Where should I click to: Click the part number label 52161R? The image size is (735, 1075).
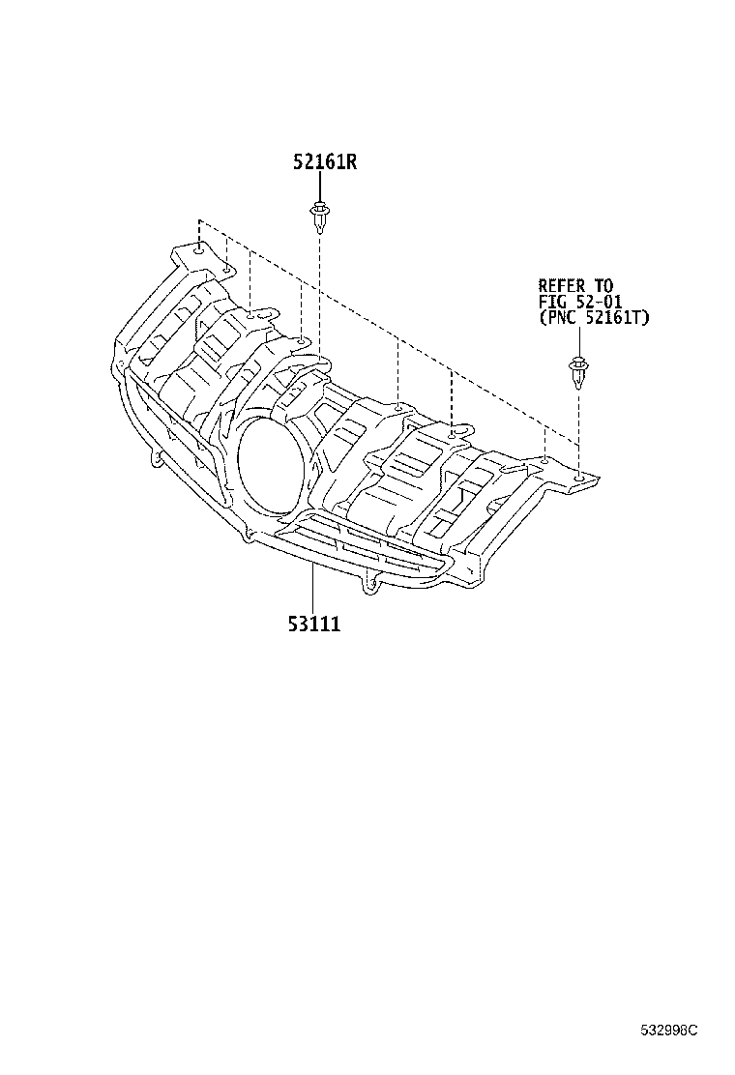click(x=325, y=162)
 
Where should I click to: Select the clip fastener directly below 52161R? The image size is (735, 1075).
click(x=318, y=217)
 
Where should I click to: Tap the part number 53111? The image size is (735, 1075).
click(x=312, y=625)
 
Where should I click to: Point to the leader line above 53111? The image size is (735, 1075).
click(x=312, y=589)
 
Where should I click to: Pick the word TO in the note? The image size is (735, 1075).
click(x=603, y=285)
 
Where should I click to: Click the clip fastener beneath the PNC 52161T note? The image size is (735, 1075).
click(x=577, y=373)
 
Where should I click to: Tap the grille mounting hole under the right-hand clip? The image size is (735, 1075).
click(x=578, y=477)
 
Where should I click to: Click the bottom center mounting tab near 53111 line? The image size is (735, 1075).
click(x=370, y=584)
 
